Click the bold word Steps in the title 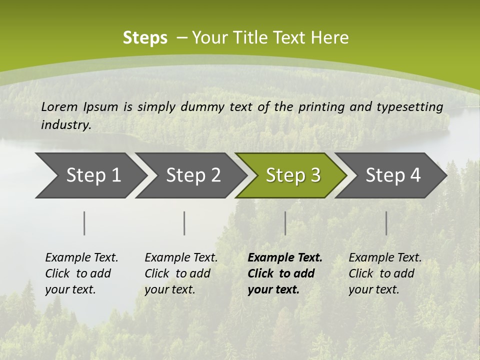(145, 37)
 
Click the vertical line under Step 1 (84, 223)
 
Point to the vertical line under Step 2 (184, 223)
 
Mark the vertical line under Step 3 (285, 223)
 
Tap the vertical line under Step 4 (386, 223)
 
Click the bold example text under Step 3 (285, 273)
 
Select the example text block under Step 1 (81, 273)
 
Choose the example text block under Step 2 (181, 273)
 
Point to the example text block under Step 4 (385, 273)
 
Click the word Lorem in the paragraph (59, 106)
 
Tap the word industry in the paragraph (66, 124)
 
